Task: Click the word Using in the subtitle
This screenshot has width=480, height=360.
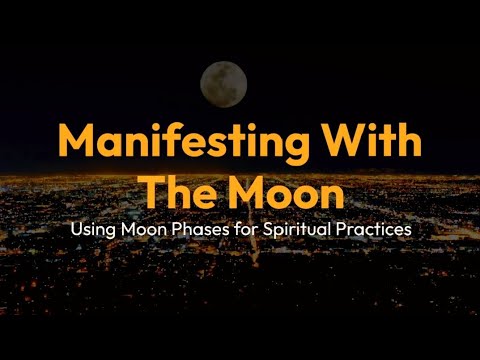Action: click(91, 229)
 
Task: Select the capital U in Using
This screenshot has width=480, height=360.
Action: click(75, 228)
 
